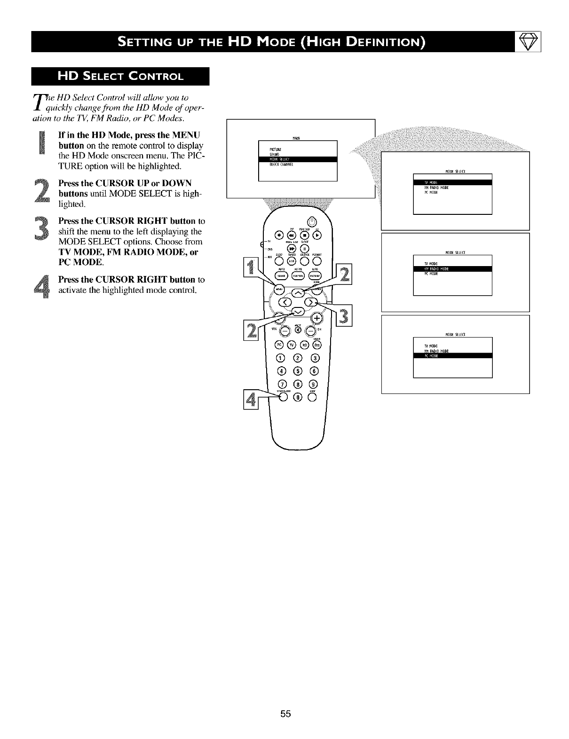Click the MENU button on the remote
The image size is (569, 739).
tap(279, 291)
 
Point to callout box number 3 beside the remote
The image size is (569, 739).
tap(346, 316)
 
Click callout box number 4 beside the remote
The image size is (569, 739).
tap(251, 400)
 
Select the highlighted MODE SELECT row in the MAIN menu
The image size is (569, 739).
tap(298, 159)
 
